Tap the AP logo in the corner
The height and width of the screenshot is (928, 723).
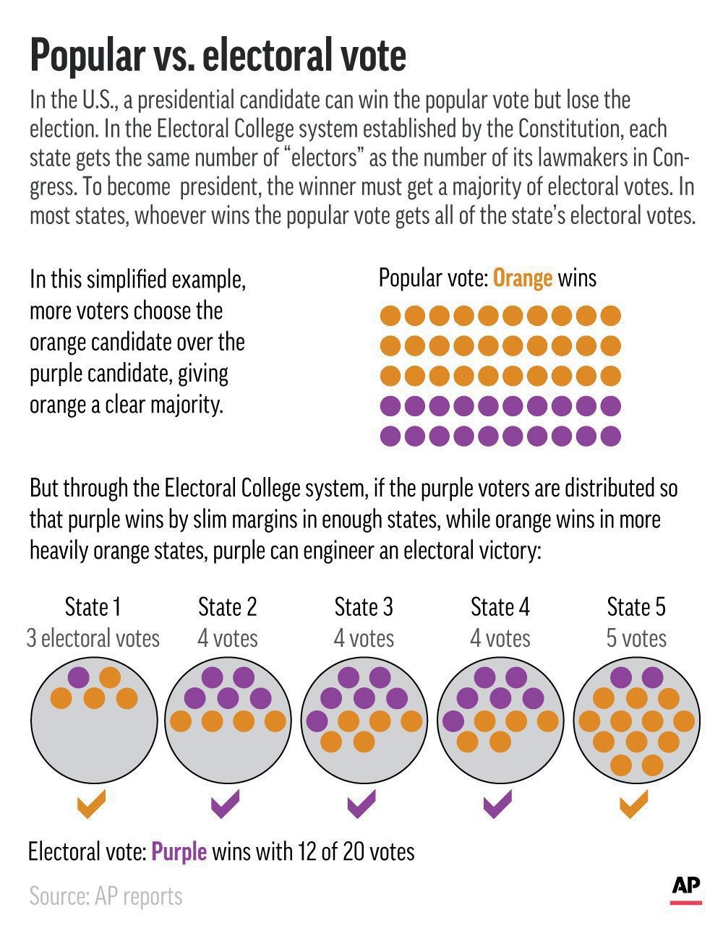point(685,888)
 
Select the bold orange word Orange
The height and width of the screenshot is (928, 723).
point(523,278)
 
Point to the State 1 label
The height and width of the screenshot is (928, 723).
point(93,606)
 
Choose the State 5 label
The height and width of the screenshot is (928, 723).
point(636,606)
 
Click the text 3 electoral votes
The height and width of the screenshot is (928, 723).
point(93,638)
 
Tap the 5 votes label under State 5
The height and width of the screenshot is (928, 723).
point(636,638)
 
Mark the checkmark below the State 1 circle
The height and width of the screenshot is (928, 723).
point(91,803)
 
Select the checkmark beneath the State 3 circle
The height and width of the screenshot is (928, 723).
point(362,803)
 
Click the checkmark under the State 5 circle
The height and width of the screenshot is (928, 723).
point(633,803)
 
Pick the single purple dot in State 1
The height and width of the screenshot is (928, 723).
point(78,677)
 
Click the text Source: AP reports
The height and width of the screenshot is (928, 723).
point(106,896)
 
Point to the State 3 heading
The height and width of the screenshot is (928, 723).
point(364,606)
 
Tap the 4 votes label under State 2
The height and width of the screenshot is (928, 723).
point(228,638)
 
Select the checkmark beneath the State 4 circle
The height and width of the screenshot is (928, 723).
point(497,803)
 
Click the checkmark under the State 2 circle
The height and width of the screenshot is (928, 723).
point(226,803)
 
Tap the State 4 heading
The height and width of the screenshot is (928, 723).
point(500,606)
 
